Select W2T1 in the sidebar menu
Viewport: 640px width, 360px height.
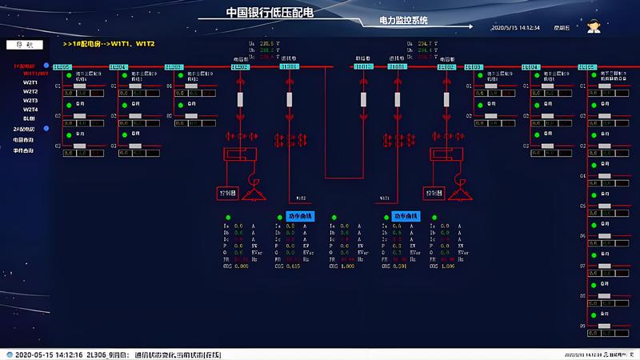point(30,82)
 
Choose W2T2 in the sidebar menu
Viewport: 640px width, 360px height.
point(30,91)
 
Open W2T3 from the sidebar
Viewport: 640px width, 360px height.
point(30,100)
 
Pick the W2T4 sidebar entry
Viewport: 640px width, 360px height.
point(30,109)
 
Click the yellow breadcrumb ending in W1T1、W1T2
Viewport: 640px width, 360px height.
point(109,43)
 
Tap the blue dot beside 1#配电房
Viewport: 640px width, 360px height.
point(46,66)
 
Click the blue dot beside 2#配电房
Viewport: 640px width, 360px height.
point(46,128)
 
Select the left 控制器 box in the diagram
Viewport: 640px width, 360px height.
point(227,194)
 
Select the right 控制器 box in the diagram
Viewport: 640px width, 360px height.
point(434,194)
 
